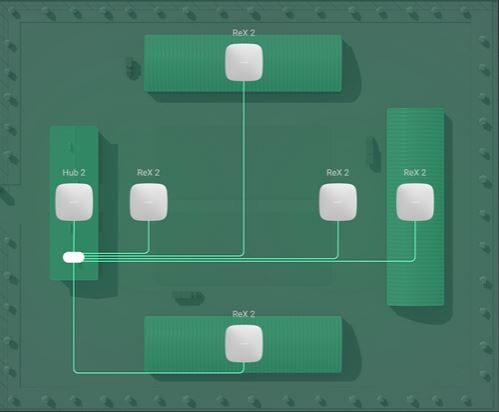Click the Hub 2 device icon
click(74, 202)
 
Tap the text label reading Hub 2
click(74, 173)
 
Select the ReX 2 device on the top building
click(244, 62)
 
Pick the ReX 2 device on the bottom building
click(244, 344)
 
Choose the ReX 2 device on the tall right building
click(415, 202)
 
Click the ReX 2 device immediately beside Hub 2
click(149, 202)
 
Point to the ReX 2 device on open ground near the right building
click(338, 202)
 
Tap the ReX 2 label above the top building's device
click(244, 33)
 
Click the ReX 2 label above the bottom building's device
click(244, 314)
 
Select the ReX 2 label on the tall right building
click(415, 173)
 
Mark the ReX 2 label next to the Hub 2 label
click(149, 173)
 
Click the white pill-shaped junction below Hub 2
click(74, 257)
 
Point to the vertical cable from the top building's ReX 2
click(244, 167)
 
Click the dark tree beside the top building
click(133, 68)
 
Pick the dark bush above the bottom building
click(189, 298)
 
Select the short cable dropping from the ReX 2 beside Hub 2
click(149, 237)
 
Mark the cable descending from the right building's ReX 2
click(415, 240)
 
